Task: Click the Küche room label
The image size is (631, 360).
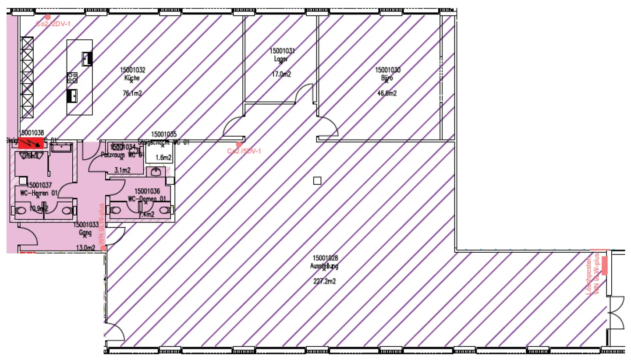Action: tap(132, 78)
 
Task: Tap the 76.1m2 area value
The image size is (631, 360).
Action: tap(132, 93)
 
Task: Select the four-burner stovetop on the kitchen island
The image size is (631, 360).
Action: tap(72, 78)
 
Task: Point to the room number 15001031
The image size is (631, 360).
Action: tap(282, 51)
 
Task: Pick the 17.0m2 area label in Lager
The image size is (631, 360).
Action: tap(281, 74)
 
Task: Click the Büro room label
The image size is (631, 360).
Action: tap(387, 78)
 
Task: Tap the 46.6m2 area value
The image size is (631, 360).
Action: tap(387, 93)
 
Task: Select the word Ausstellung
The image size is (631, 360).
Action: tap(325, 266)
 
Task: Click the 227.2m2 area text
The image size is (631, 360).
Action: tap(325, 282)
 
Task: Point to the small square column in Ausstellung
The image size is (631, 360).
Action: tap(318, 180)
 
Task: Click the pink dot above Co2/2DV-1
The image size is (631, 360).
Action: tap(48, 17)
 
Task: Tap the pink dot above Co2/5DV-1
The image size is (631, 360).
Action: tap(239, 144)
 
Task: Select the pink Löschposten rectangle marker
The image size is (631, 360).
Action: tap(605, 265)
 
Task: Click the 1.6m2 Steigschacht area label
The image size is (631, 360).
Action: tap(163, 158)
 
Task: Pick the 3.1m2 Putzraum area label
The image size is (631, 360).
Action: tap(122, 170)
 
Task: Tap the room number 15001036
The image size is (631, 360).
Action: tap(147, 191)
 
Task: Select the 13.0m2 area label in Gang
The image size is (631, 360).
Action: tap(86, 248)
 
